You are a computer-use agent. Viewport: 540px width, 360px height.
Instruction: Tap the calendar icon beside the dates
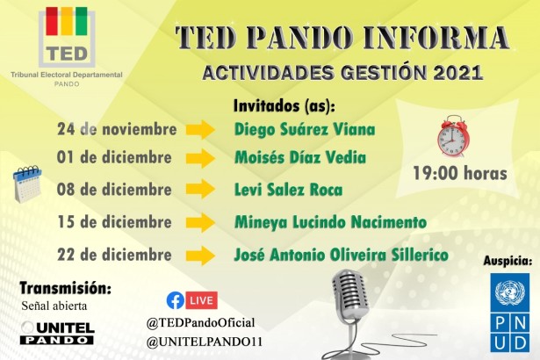click(x=27, y=184)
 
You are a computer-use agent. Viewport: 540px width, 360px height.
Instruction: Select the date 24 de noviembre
click(x=117, y=130)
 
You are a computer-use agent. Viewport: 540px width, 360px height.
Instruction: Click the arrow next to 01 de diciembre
click(x=201, y=159)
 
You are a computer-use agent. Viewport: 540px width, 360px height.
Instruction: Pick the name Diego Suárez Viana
click(x=305, y=130)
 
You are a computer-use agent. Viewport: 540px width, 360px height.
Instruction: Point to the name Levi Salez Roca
click(x=288, y=190)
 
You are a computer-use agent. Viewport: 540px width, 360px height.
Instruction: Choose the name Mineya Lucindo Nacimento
click(x=330, y=222)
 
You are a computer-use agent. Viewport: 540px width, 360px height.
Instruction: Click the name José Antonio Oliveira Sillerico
click(x=342, y=255)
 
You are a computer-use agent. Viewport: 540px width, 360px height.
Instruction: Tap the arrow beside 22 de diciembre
click(x=201, y=256)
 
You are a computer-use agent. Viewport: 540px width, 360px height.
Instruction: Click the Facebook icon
click(x=176, y=300)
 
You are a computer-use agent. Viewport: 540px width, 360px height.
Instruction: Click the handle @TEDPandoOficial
click(x=201, y=322)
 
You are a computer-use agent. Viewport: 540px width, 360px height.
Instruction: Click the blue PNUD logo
click(x=510, y=312)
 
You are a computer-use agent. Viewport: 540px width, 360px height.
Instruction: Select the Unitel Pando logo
click(x=57, y=332)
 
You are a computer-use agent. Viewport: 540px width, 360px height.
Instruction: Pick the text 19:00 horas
click(x=460, y=173)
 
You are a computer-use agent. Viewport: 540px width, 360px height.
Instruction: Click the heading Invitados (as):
click(x=284, y=105)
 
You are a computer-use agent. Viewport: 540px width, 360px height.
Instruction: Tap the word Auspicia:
click(x=508, y=261)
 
